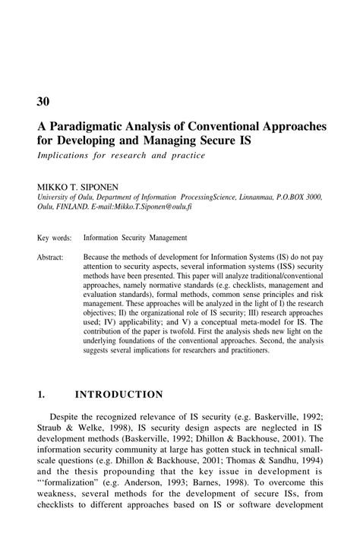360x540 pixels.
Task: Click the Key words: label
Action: point(54,238)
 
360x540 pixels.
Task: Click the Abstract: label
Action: point(51,258)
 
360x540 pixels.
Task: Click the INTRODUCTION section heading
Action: point(118,394)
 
